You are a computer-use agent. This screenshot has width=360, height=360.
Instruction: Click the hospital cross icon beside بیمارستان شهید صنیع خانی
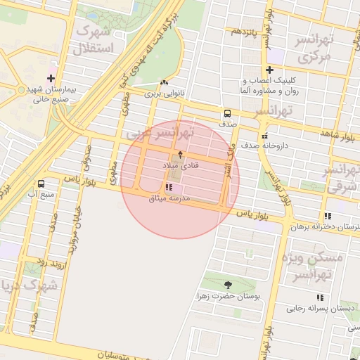[x=51, y=78]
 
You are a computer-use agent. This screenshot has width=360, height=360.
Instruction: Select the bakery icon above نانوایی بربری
[x=164, y=82]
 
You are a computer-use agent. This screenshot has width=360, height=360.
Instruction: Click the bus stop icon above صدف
[x=227, y=112]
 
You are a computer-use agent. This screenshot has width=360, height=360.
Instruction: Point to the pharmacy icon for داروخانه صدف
[x=264, y=135]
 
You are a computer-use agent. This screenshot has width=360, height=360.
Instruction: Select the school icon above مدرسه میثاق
[x=168, y=187]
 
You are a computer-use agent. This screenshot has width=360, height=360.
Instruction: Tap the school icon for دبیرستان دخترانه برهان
[x=327, y=216]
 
